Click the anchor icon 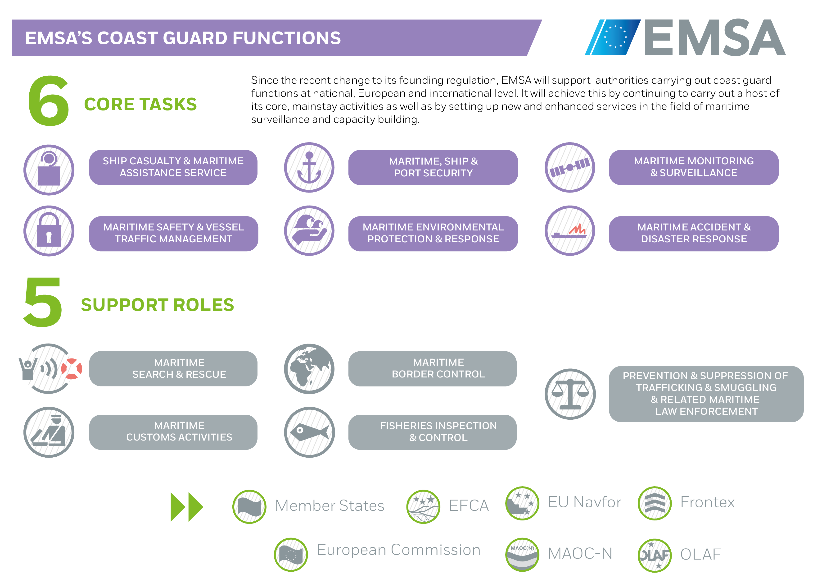[x=309, y=168]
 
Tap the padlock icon [x=49, y=231]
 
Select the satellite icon [x=570, y=167]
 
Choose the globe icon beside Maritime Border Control [x=309, y=369]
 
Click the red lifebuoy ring [x=72, y=369]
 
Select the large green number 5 [x=43, y=302]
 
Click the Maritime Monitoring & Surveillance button [x=694, y=167]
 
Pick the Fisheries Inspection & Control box [x=433, y=432]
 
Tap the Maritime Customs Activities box [x=173, y=432]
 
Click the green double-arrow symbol [x=187, y=507]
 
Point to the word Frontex [x=708, y=502]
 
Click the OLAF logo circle [x=655, y=555]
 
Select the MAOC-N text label [x=580, y=554]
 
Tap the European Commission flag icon [x=291, y=555]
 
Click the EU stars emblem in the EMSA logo [x=615, y=37]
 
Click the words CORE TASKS [x=140, y=104]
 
